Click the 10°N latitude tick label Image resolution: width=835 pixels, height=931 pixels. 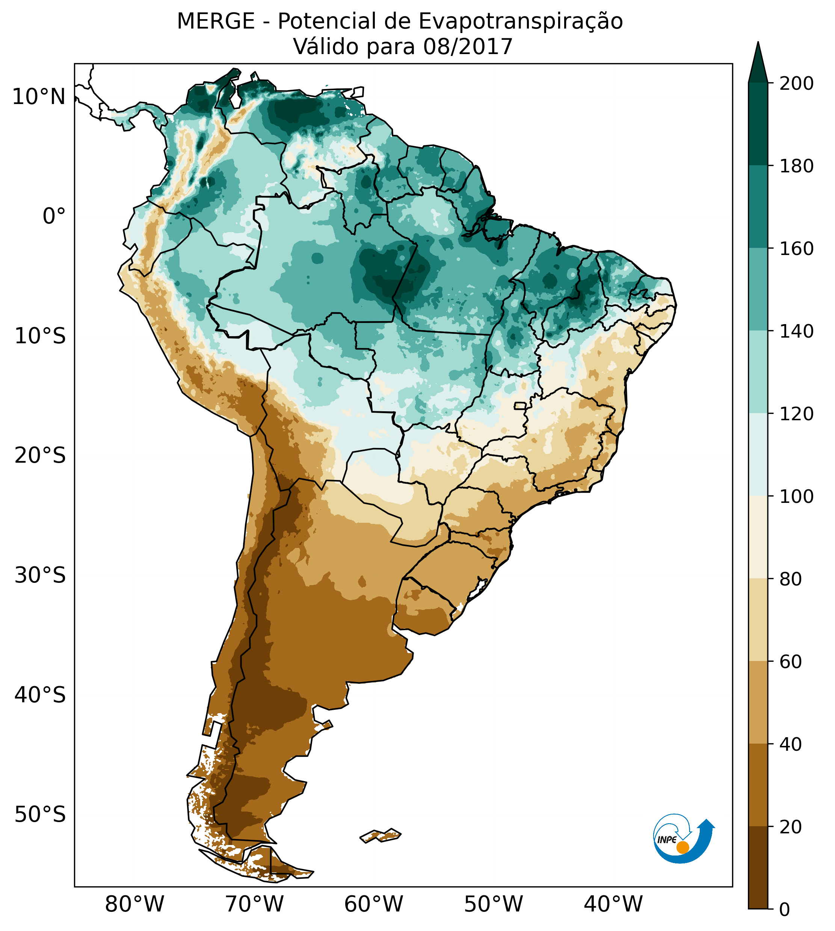[x=39, y=97]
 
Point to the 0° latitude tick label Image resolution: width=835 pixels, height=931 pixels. [x=54, y=216]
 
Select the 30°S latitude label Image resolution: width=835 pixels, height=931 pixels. [x=40, y=575]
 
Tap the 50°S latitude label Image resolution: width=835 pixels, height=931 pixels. [x=40, y=815]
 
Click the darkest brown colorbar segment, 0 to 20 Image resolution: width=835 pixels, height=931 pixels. [x=758, y=867]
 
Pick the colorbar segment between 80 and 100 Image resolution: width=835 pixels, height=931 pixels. [x=758, y=537]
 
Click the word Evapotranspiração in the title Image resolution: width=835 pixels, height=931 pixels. [x=520, y=21]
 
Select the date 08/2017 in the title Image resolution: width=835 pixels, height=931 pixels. [x=468, y=47]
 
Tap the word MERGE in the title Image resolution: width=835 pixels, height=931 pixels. [x=216, y=21]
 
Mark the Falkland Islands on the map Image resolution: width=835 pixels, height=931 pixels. [x=381, y=836]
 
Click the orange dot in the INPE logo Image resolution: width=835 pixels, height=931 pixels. [x=682, y=847]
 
